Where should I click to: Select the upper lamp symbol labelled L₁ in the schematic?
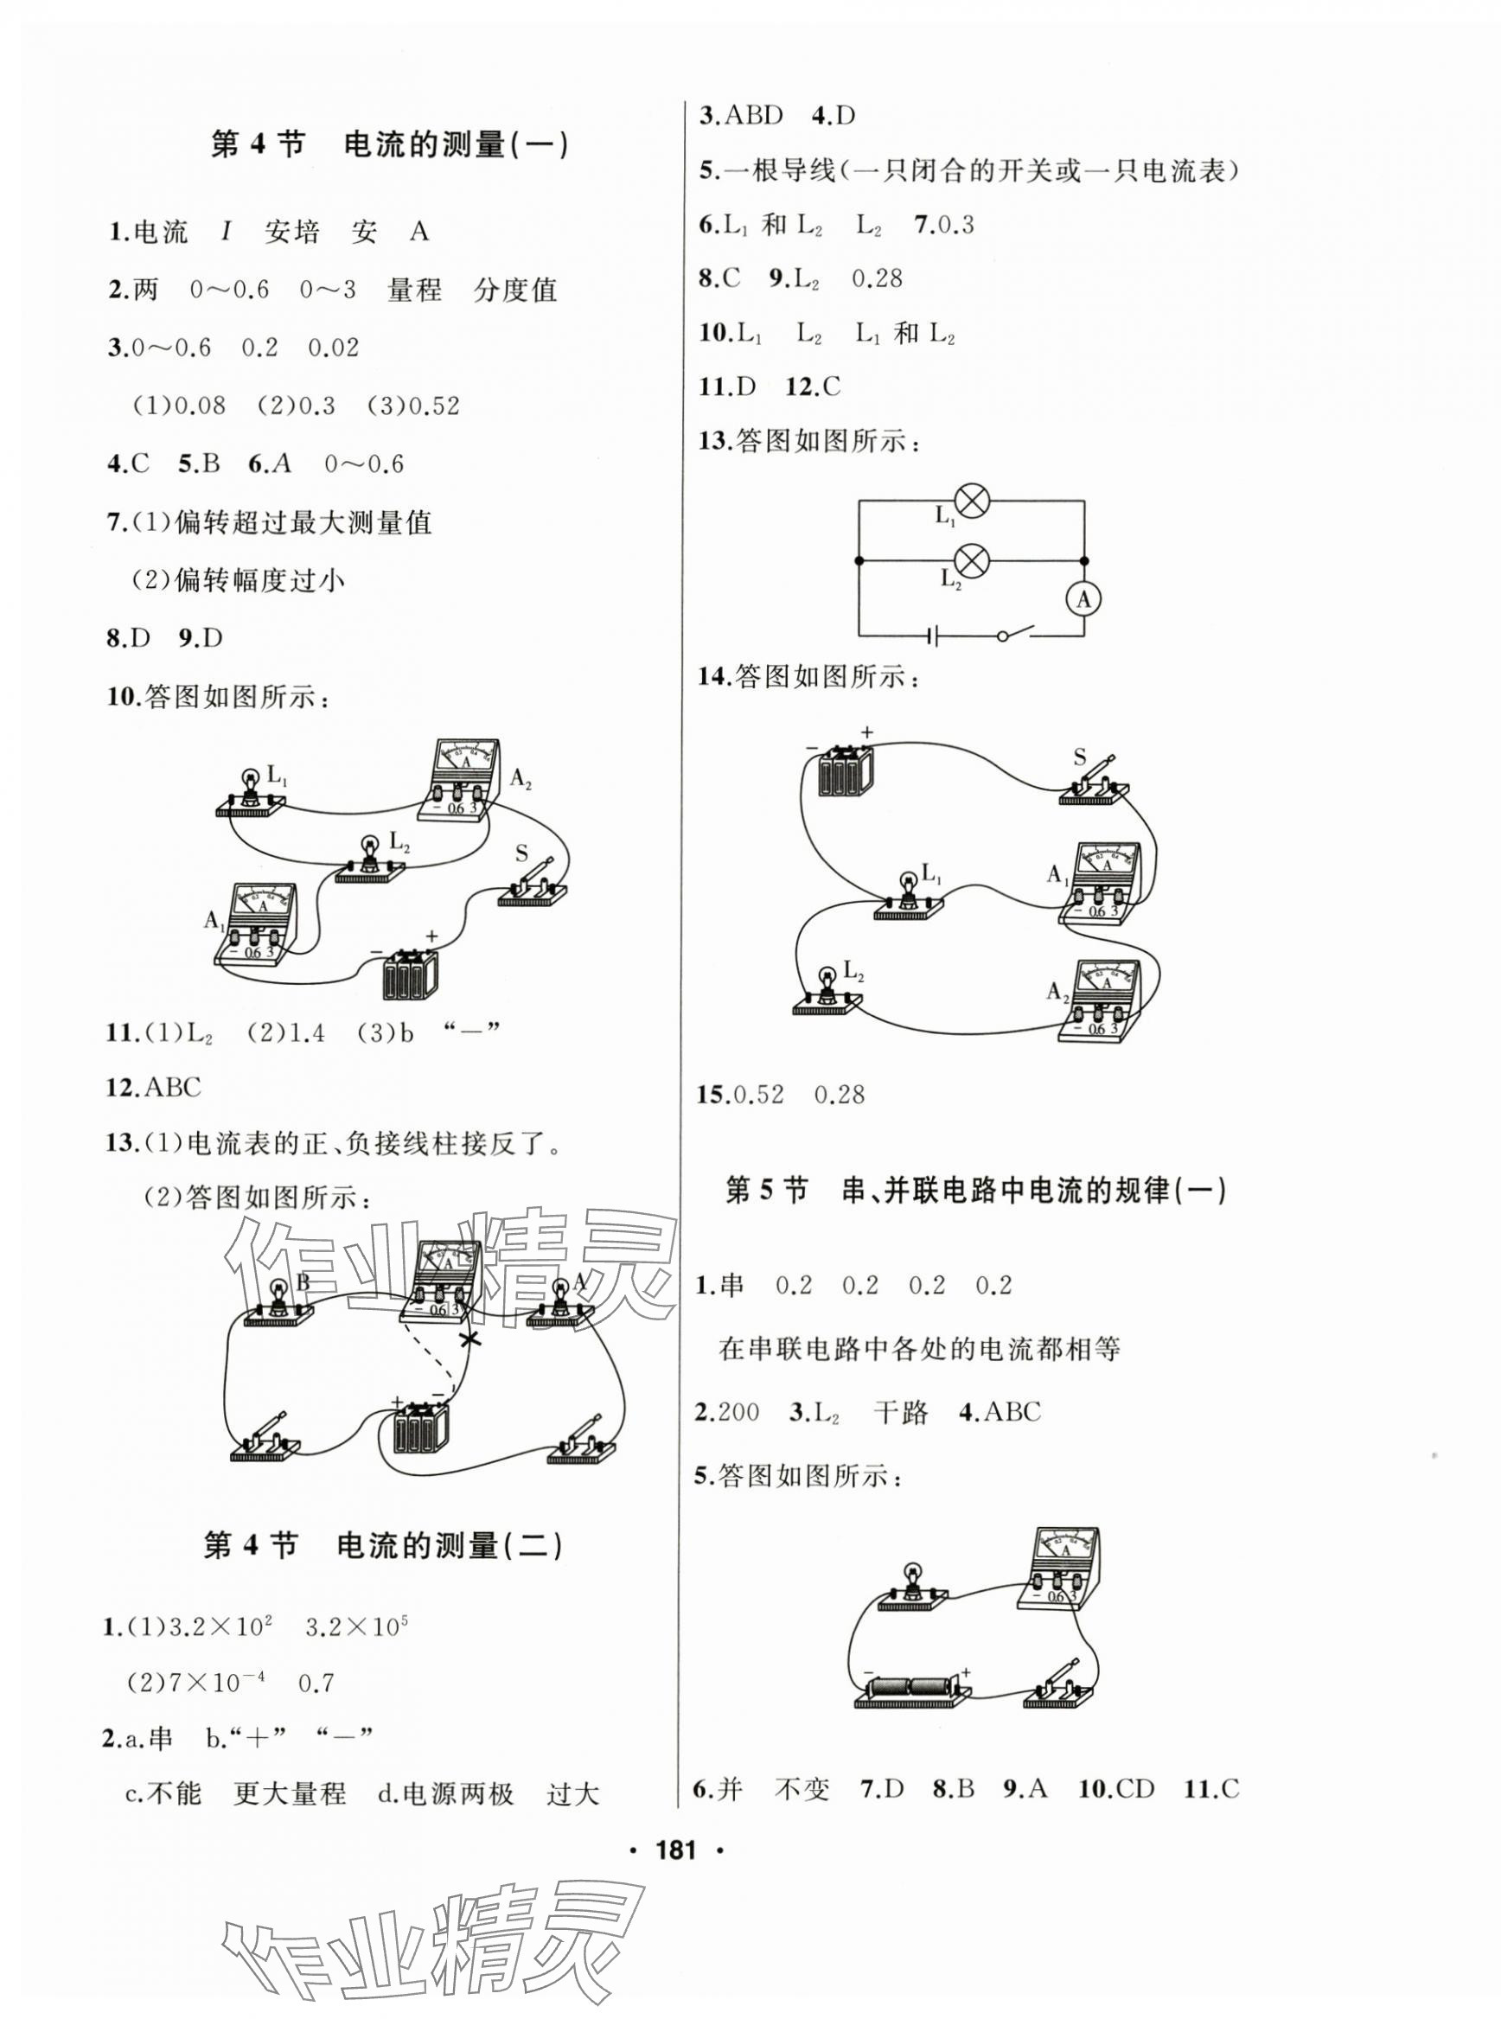[973, 502]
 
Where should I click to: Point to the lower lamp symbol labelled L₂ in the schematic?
[973, 561]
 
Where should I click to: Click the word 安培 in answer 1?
[291, 233]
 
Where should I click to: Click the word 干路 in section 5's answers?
[900, 1412]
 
